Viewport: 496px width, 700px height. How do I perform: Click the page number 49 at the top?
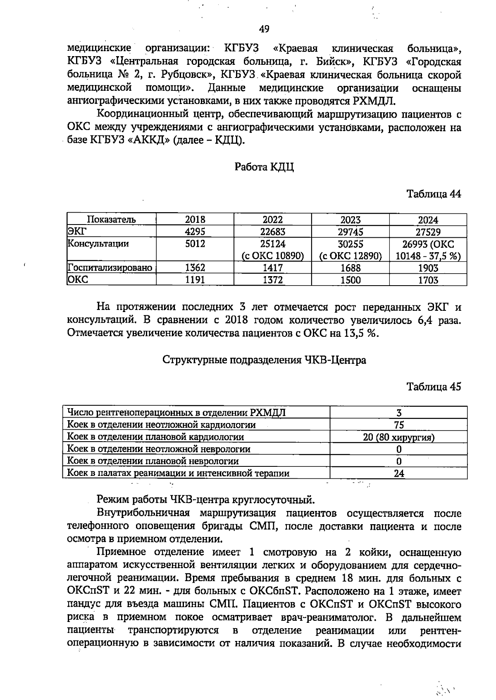264,29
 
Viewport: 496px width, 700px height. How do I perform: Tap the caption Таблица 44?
434,194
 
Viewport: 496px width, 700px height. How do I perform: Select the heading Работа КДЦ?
264,167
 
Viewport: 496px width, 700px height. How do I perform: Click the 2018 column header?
195,220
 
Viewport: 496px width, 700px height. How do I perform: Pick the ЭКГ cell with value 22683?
272,232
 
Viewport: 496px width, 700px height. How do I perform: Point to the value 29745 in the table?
350,232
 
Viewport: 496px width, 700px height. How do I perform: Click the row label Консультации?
98,244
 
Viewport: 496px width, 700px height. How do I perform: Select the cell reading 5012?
195,244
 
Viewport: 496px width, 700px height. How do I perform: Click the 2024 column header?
428,220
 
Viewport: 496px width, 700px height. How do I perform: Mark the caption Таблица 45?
434,387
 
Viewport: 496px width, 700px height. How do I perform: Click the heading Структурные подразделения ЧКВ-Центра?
264,360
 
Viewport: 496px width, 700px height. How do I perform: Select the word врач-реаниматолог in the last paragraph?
336,618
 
